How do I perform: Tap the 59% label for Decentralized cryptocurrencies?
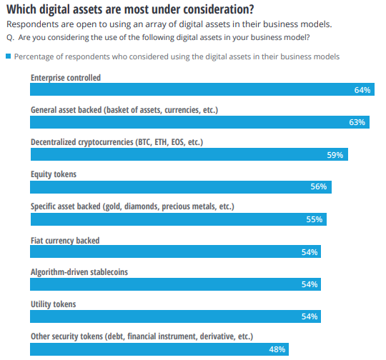pos(335,154)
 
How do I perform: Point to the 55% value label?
pos(315,219)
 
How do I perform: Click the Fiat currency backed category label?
pos(65,240)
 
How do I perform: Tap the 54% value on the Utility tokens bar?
pos(310,316)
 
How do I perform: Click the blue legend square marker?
pos(9,56)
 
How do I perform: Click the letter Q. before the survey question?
pos(10,37)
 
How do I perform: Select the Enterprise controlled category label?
pos(66,77)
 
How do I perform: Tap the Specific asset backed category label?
pos(132,206)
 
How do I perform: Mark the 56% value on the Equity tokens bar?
pos(319,186)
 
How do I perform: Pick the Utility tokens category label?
pos(53,304)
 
